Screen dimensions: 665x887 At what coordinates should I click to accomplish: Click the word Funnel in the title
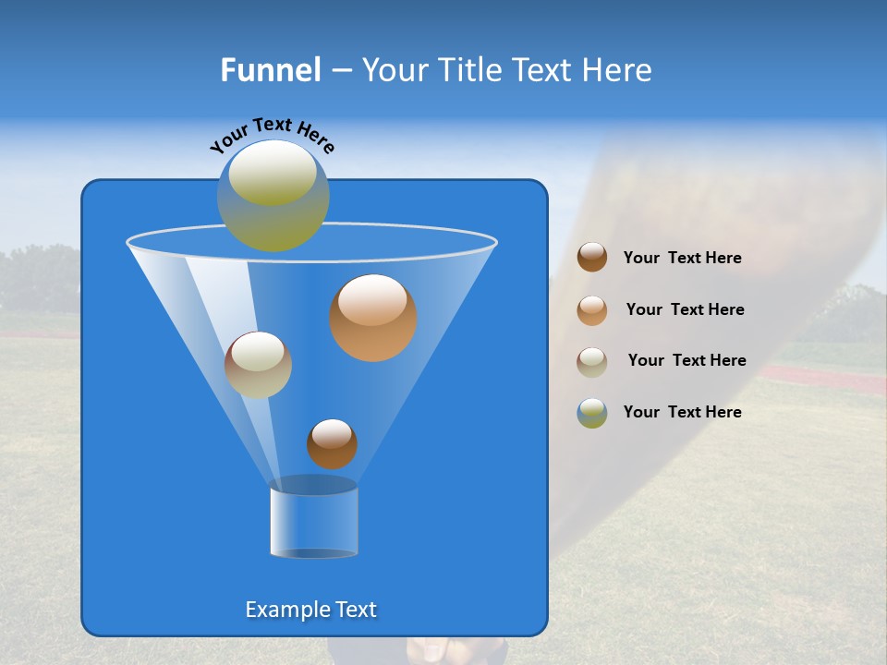coord(270,70)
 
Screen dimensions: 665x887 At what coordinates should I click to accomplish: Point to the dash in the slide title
coord(341,71)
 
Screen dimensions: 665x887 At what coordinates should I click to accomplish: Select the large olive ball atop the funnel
coord(273,195)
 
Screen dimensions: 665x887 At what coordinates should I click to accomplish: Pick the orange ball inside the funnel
coord(373,318)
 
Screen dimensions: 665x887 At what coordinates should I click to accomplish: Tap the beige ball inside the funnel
coord(258,365)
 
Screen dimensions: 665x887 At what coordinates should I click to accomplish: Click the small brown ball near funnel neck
coord(332,443)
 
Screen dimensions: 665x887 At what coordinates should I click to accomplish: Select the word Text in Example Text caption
coord(355,610)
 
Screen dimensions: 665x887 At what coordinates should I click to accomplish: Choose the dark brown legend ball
coord(592,258)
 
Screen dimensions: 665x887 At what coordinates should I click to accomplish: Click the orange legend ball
coord(592,310)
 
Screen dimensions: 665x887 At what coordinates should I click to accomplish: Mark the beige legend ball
coord(592,362)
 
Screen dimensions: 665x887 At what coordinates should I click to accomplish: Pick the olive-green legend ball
coord(592,413)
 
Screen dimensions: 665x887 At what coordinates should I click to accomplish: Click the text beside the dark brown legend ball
coord(682,258)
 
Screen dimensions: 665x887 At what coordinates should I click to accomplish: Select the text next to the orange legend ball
coord(685,309)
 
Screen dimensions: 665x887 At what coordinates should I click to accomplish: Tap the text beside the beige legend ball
coord(687,360)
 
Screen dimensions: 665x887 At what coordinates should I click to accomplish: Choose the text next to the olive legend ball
coord(682,412)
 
